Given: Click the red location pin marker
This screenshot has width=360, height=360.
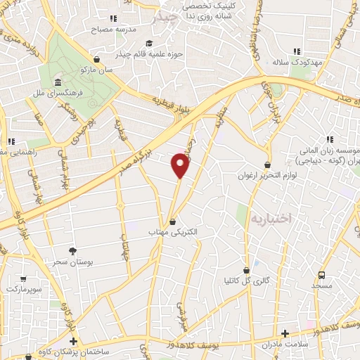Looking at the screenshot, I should [181, 165].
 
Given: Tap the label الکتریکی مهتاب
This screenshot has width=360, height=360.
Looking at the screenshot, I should [173, 231].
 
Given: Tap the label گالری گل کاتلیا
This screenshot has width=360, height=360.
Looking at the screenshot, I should [247, 281].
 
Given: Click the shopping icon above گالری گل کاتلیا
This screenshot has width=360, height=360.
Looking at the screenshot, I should [247, 270].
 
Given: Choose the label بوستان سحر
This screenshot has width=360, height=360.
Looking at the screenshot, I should [72, 262].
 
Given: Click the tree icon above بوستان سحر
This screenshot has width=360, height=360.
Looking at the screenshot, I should [72, 251].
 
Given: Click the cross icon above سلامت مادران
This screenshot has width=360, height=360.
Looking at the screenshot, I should [285, 333].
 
